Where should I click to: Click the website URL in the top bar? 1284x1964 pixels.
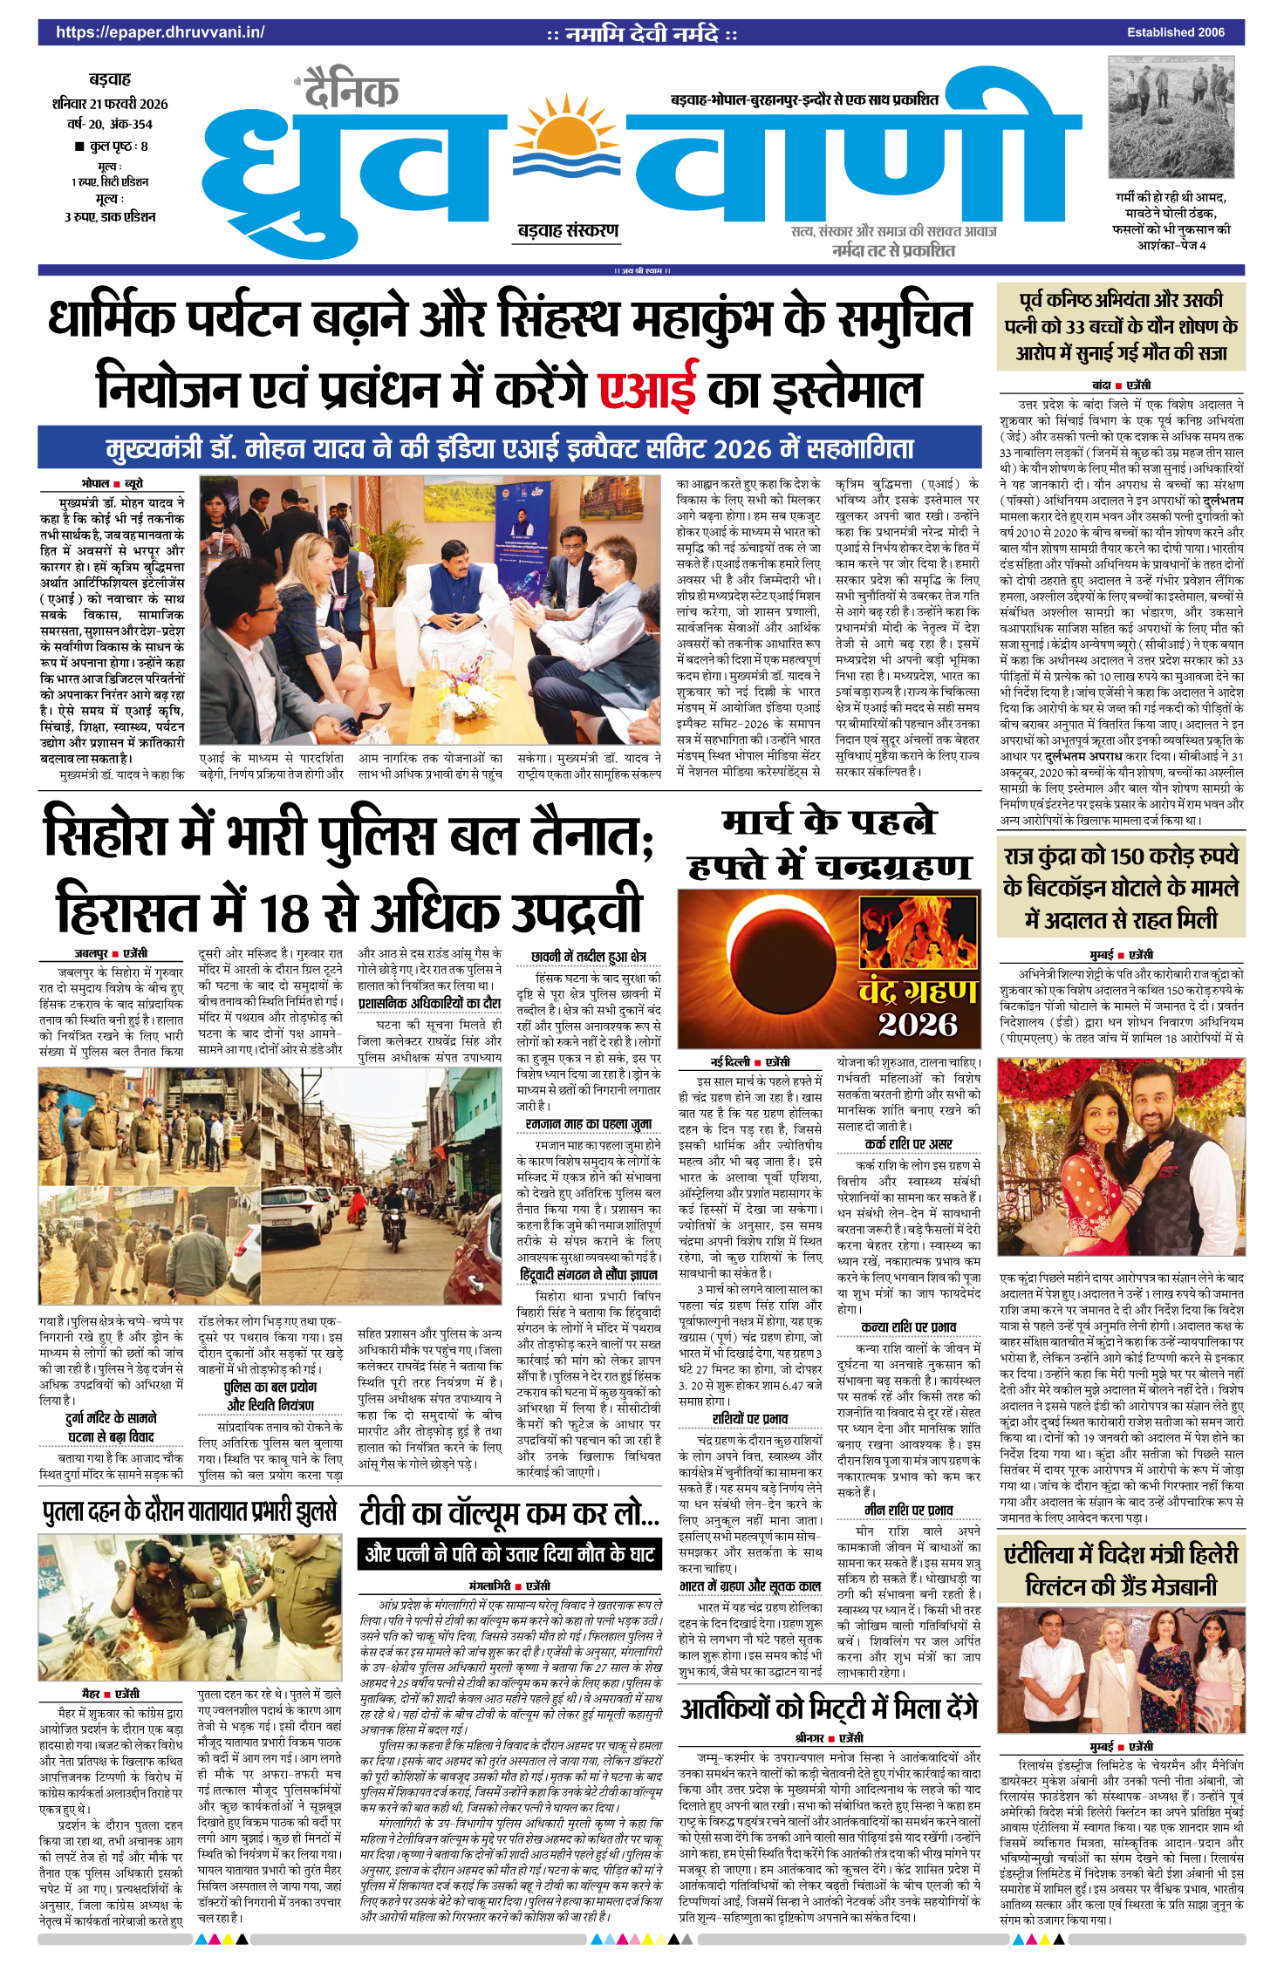(x=160, y=33)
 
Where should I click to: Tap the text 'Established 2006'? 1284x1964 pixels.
(x=1175, y=33)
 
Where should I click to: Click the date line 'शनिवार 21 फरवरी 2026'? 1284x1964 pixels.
(x=110, y=104)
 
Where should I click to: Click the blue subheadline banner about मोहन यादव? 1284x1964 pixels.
(x=509, y=449)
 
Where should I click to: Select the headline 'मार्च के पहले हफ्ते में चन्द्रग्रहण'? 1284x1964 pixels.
(x=829, y=844)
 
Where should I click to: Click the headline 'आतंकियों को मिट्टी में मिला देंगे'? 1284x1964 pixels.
(x=830, y=1708)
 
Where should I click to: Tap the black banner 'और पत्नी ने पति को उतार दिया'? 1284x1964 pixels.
(x=509, y=1553)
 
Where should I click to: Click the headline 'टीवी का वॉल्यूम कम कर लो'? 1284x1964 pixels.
(x=509, y=1514)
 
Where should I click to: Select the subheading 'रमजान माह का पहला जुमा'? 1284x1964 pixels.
(x=588, y=1125)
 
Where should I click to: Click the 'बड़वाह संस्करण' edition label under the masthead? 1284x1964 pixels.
(x=568, y=231)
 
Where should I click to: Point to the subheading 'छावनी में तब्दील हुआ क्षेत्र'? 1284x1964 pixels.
(x=588, y=957)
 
